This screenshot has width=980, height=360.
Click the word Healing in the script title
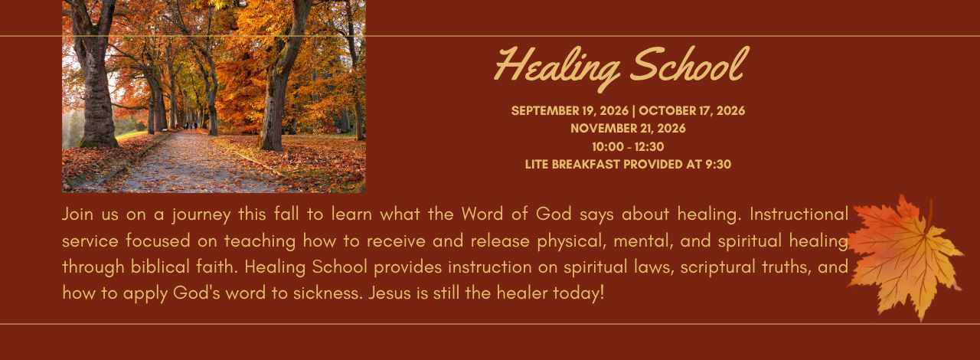pyautogui.click(x=557, y=68)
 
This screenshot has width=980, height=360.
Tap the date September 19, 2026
pyautogui.click(x=570, y=111)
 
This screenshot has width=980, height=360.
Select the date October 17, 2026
pyautogui.click(x=691, y=111)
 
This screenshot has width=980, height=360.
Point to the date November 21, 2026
pyautogui.click(x=628, y=129)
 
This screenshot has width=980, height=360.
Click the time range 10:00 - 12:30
pyautogui.click(x=628, y=146)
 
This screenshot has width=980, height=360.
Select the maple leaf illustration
pyautogui.click(x=906, y=257)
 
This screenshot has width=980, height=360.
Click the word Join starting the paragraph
pyautogui.click(x=77, y=214)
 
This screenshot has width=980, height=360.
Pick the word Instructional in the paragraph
pyautogui.click(x=799, y=214)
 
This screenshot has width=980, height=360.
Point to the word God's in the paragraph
pyautogui.click(x=197, y=293)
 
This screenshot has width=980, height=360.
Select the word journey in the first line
pyautogui.click(x=201, y=215)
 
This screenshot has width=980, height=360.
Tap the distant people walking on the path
pyautogui.click(x=191, y=126)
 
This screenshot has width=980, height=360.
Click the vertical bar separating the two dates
pyautogui.click(x=633, y=111)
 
